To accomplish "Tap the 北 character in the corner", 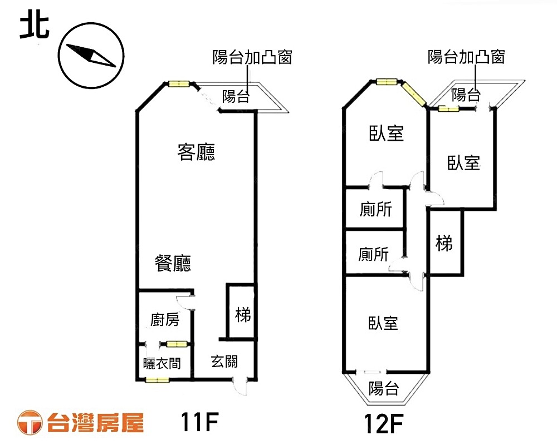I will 34,27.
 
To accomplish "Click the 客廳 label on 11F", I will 196,152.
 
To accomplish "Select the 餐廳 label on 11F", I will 173,263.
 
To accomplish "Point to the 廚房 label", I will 165,320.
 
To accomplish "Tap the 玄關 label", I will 224,362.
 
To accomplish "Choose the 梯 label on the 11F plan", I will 243,315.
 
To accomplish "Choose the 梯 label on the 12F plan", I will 444,243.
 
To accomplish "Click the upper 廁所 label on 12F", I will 375,210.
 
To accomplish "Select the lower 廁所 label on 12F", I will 373,255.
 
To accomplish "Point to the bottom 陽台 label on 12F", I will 384,389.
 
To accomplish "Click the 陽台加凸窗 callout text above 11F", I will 252,57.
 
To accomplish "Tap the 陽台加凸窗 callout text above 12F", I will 466,57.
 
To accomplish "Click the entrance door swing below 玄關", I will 242,387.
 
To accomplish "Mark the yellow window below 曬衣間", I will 157,380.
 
